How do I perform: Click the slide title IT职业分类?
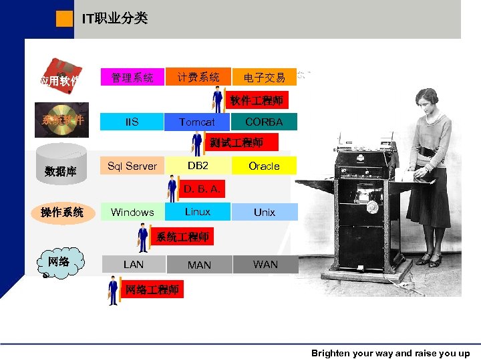pyautogui.click(x=114, y=19)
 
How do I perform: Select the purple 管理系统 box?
pyautogui.click(x=132, y=78)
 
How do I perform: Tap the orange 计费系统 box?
pyautogui.click(x=198, y=78)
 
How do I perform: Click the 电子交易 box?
pyautogui.click(x=264, y=78)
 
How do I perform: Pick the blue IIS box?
pyautogui.click(x=132, y=122)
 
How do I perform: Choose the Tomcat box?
pyautogui.click(x=197, y=122)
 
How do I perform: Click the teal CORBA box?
pyautogui.click(x=264, y=122)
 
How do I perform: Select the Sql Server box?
pyautogui.click(x=132, y=166)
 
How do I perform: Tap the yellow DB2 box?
pyautogui.click(x=198, y=165)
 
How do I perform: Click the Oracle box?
pyautogui.click(x=264, y=166)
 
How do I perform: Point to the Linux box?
pyautogui.click(x=198, y=212)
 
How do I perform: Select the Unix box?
pyautogui.click(x=264, y=212)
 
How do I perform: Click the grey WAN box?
pyautogui.click(x=265, y=264)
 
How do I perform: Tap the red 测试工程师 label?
pyautogui.click(x=236, y=142)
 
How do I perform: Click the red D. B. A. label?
pyautogui.click(x=201, y=189)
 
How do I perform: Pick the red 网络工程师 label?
pyautogui.click(x=152, y=289)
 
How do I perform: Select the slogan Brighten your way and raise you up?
pyautogui.click(x=390, y=354)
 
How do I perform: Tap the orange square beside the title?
pyautogui.click(x=65, y=19)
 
